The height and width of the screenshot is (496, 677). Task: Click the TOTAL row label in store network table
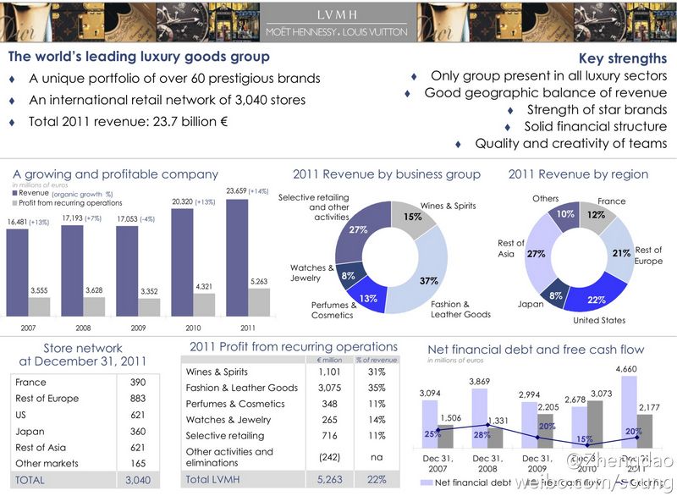pos(30,480)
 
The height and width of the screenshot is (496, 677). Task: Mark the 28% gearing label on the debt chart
pos(481,435)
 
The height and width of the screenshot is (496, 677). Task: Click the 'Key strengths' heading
pos(623,58)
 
